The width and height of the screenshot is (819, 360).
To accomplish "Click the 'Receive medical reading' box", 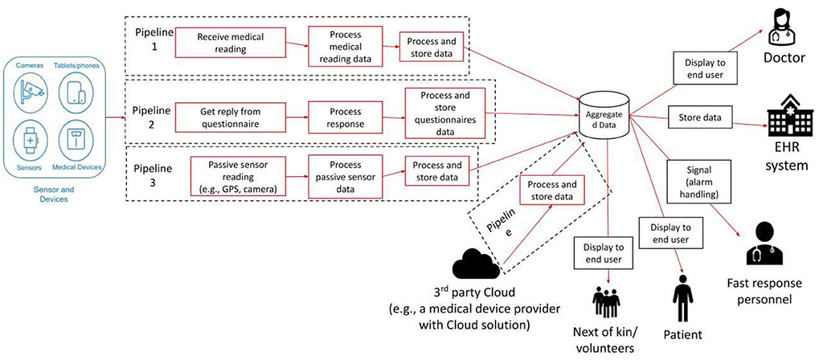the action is (231, 43).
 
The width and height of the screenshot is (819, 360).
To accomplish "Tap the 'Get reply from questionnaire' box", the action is (231, 118).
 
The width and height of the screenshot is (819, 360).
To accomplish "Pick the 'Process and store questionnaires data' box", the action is (445, 114).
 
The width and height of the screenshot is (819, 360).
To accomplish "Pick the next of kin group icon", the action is (606, 302).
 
